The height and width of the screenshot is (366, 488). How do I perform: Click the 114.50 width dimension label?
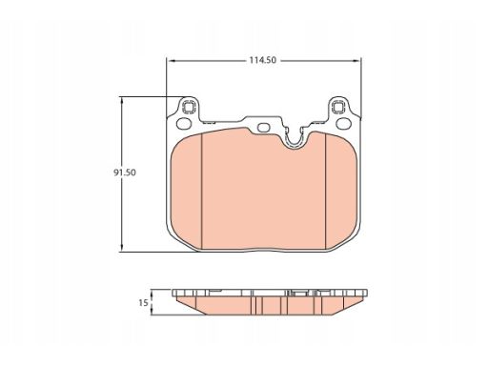263,60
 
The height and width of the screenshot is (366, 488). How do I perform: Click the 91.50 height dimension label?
125,173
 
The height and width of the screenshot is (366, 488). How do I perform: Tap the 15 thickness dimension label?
143,303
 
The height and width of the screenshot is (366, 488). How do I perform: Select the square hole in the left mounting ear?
189,107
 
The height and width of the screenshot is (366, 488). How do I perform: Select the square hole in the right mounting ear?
338,107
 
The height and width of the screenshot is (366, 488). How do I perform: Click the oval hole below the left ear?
184,124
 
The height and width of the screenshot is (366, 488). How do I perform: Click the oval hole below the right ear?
343,124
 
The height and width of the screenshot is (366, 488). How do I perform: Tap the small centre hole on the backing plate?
263,128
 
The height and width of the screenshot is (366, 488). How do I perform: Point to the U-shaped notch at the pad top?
294,140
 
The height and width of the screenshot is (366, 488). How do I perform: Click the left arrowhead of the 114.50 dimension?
170,60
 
